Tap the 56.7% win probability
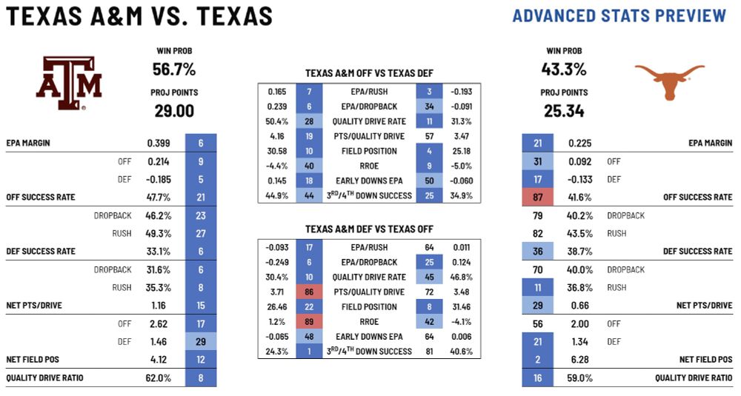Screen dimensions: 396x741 coord(173,70)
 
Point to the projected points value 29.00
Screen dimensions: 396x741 coord(173,110)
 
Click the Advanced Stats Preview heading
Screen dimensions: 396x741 coord(619,16)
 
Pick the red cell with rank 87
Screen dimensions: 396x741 coord(537,197)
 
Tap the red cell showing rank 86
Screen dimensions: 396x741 coord(308,292)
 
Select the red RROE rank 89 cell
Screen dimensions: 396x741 coord(308,322)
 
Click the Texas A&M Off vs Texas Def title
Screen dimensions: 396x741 coord(369,73)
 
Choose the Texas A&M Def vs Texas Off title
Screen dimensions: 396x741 coord(369,229)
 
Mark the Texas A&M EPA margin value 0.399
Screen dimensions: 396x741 coord(159,143)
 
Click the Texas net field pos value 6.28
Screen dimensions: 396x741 coord(579,360)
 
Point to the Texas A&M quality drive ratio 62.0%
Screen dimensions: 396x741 coord(159,377)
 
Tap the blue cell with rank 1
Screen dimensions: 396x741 coord(308,351)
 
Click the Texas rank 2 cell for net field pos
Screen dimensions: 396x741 coord(537,360)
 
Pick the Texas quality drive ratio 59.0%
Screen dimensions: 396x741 coord(579,377)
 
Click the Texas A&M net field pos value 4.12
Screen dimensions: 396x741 coord(159,360)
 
